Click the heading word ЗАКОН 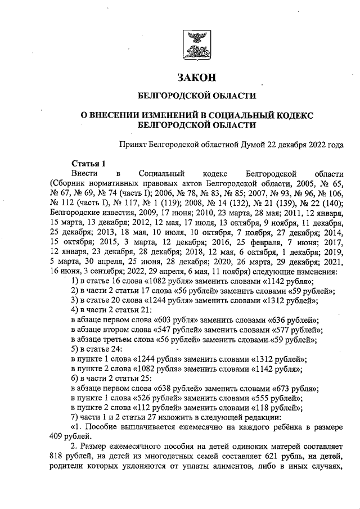click(x=196, y=77)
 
